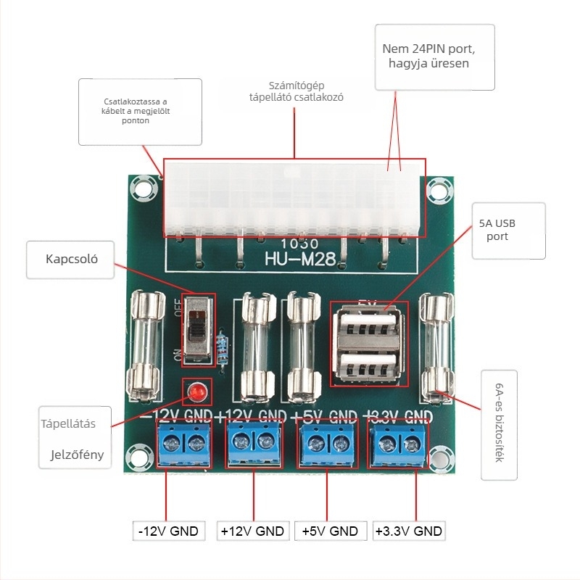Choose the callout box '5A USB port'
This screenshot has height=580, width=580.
(507, 230)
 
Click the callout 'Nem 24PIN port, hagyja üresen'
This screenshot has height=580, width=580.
(434, 57)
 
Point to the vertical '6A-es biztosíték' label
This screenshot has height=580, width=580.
(500, 425)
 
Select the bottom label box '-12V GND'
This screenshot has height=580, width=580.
(169, 531)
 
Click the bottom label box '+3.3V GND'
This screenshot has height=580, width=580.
(408, 531)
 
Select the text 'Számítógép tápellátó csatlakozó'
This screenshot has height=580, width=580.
(296, 91)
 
